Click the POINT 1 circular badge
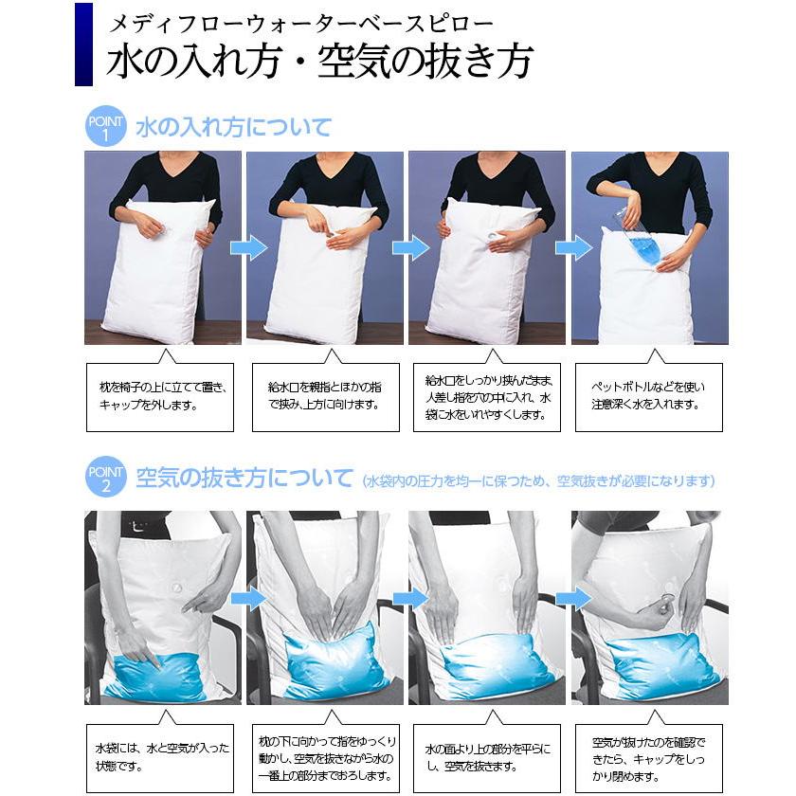point(105,127)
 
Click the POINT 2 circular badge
point(105,479)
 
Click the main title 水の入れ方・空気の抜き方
point(319,62)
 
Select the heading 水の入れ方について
point(233,127)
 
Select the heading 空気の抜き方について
point(244,479)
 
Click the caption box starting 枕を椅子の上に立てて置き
point(159,396)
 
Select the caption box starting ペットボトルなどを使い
point(649,396)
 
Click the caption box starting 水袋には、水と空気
point(159,758)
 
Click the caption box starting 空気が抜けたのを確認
point(649,758)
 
